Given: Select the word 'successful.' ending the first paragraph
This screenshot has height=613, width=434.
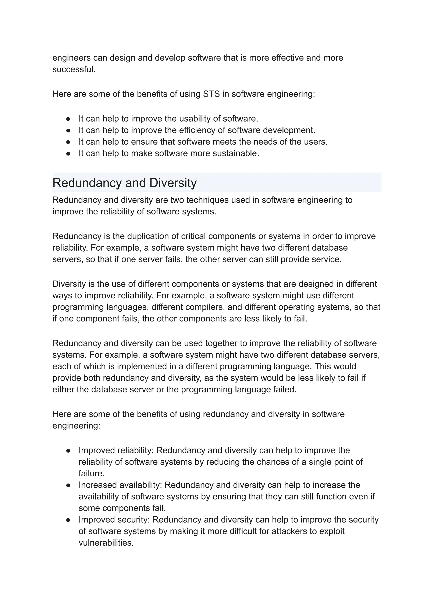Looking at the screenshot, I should pos(74,70).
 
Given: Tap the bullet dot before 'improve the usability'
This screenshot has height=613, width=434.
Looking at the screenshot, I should pos(68,119).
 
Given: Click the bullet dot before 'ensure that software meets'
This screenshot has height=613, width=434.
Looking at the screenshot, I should pos(68,142).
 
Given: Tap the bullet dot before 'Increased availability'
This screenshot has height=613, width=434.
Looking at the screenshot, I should pos(68,485).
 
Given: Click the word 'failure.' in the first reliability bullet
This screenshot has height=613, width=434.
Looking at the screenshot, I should pos(91,474).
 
